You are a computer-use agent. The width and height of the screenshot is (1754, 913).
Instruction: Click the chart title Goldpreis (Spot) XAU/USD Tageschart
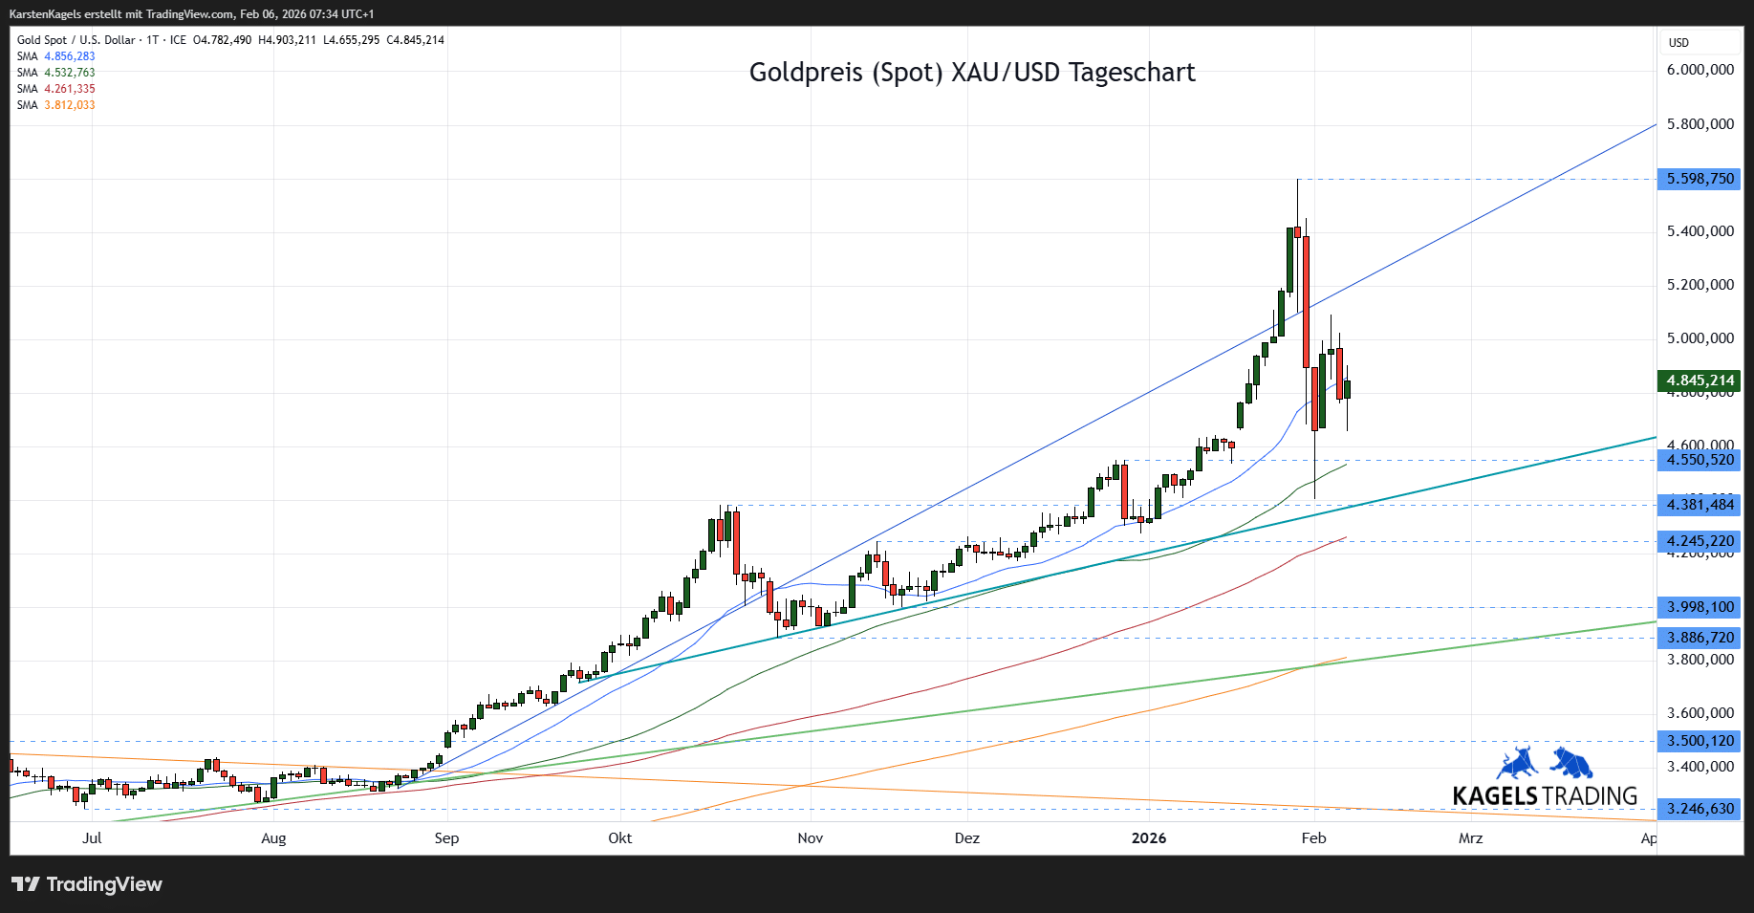pyautogui.click(x=971, y=73)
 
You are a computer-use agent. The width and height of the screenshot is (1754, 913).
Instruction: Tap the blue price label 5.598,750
pyautogui.click(x=1700, y=179)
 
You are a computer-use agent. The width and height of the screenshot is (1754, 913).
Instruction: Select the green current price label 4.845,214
pyautogui.click(x=1700, y=380)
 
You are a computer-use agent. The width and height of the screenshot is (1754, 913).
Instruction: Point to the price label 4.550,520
pyautogui.click(x=1700, y=460)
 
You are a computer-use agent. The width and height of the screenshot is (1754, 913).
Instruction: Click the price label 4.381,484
pyautogui.click(x=1700, y=505)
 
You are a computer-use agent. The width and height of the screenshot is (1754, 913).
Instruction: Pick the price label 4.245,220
pyautogui.click(x=1700, y=541)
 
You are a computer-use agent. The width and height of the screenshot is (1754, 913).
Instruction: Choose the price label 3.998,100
pyautogui.click(x=1700, y=607)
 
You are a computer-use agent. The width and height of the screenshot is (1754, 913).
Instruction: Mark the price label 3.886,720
pyautogui.click(x=1700, y=638)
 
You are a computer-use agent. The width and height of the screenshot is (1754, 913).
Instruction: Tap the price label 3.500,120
pyautogui.click(x=1700, y=741)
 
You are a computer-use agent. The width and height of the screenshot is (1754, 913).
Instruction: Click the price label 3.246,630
pyautogui.click(x=1700, y=809)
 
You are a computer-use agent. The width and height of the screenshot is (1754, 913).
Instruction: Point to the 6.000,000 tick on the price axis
pyautogui.click(x=1700, y=70)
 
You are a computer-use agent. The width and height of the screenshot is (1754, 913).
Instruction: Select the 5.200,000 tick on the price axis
pyautogui.click(x=1700, y=285)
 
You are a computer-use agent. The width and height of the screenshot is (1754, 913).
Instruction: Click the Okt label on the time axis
pyautogui.click(x=619, y=838)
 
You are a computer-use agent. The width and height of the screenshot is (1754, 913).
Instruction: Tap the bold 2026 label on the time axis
pyautogui.click(x=1148, y=838)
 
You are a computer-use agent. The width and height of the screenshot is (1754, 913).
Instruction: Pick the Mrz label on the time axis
pyautogui.click(x=1470, y=838)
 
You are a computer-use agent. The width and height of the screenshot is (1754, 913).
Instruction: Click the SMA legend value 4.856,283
pyautogui.click(x=70, y=56)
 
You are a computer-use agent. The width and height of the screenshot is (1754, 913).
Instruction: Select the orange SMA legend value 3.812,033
pyautogui.click(x=70, y=105)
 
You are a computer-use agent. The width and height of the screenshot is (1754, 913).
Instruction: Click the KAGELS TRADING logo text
pyautogui.click(x=1544, y=795)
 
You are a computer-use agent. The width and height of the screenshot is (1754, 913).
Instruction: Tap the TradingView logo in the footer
pyautogui.click(x=87, y=884)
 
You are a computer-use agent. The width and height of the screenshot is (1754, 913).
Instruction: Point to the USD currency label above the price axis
pyautogui.click(x=1678, y=43)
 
